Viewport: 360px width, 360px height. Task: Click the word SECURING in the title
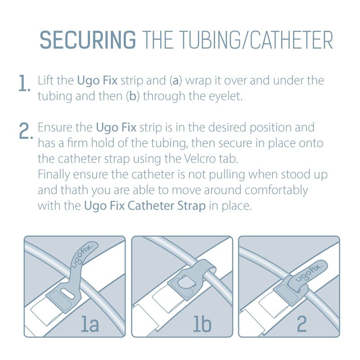click(88, 40)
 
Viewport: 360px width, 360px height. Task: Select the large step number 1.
click(24, 83)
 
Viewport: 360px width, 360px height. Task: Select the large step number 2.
click(25, 130)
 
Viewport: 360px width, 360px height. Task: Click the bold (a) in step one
click(175, 81)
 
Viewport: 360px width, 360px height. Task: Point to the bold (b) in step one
click(133, 96)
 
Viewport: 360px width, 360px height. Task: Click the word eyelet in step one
click(225, 96)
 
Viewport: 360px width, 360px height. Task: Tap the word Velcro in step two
click(199, 159)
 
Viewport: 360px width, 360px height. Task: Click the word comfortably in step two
click(276, 190)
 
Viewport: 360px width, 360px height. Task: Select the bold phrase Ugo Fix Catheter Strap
click(145, 206)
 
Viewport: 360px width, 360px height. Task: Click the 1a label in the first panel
click(90, 324)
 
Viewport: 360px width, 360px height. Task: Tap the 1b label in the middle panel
click(202, 324)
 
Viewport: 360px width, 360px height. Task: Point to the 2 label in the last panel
click(301, 324)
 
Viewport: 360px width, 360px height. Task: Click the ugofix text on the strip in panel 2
click(309, 273)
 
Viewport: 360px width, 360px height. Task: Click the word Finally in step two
click(54, 175)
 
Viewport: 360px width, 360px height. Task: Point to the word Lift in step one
click(45, 81)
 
